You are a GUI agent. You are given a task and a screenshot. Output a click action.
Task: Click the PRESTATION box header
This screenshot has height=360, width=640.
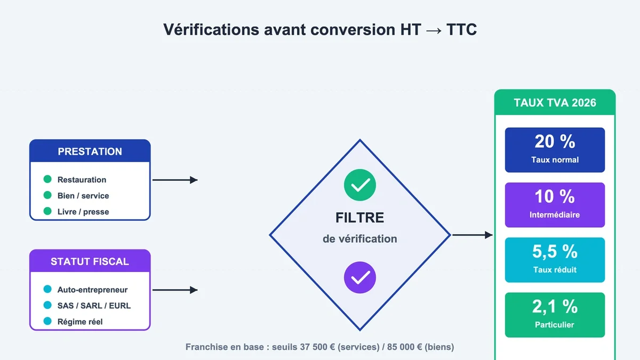[x=90, y=151]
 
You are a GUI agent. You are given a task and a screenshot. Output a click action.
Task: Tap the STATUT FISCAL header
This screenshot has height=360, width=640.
[x=90, y=261]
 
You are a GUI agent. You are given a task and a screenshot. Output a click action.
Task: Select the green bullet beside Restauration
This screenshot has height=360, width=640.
[x=47, y=179]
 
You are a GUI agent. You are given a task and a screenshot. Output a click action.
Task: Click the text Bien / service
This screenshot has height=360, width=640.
[x=83, y=196]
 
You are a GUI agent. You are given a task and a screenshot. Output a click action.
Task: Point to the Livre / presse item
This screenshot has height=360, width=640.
[x=83, y=212]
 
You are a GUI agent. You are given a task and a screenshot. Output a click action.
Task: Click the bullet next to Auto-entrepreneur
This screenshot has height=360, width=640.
[x=47, y=289]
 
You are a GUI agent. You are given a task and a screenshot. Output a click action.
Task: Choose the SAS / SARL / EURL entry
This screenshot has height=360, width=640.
[x=94, y=306]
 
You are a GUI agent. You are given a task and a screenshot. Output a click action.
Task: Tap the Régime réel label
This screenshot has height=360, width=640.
[x=80, y=322]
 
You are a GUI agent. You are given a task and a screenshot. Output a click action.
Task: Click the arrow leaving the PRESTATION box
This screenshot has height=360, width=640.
[x=175, y=180]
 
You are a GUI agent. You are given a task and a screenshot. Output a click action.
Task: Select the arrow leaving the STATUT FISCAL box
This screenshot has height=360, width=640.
[x=175, y=290]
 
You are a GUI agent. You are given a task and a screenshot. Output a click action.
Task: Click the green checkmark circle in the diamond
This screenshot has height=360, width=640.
[x=359, y=185]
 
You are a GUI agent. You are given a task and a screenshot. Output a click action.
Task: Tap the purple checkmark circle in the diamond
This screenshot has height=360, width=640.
[x=359, y=277]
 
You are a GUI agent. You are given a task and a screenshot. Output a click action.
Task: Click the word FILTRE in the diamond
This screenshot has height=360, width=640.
[x=359, y=218]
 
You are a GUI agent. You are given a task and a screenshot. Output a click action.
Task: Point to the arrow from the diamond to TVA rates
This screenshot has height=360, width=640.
[x=473, y=235]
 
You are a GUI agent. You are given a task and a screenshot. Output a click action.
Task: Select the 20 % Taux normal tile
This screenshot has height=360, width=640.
[x=555, y=150]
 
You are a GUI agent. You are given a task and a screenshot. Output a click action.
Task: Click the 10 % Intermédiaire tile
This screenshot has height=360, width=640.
[x=555, y=205]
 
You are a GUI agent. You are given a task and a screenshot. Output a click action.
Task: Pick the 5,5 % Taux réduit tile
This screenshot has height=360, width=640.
[x=555, y=260]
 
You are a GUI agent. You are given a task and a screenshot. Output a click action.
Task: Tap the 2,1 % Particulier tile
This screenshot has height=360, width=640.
[x=555, y=315]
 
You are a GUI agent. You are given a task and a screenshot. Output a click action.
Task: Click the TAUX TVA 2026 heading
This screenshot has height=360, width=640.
[x=555, y=103]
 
